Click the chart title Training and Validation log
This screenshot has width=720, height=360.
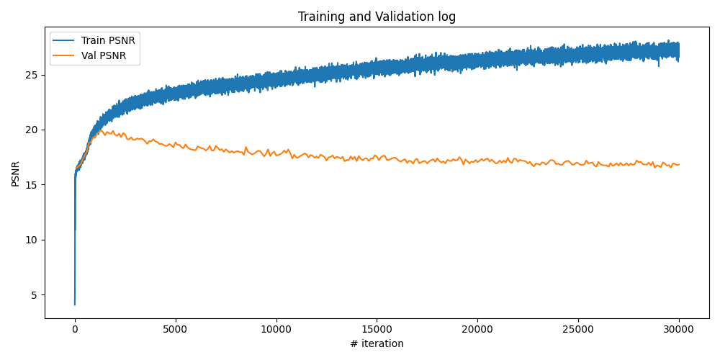pos(377,17)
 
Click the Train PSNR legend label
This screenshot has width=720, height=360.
pos(108,40)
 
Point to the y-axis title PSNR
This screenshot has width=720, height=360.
pos(16,174)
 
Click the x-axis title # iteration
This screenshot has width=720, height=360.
pos(377,343)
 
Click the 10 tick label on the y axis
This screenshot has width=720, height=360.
pos(33,240)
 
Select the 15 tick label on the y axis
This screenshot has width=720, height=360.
pos(33,185)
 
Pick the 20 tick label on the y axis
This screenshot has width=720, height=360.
pos(33,130)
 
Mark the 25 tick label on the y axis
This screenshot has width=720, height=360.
pos(33,75)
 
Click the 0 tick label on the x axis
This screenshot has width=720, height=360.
pos(75,328)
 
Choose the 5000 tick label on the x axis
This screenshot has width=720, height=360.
pos(175,328)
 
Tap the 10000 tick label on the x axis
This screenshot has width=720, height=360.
pos(276,328)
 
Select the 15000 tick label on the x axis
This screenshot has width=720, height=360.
pos(377,328)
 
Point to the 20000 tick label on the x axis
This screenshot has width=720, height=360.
pos(477,328)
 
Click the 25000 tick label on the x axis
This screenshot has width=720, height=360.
pos(578,328)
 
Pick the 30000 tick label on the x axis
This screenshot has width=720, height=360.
pos(679,328)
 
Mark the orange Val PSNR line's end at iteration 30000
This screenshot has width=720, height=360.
pos(679,164)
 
